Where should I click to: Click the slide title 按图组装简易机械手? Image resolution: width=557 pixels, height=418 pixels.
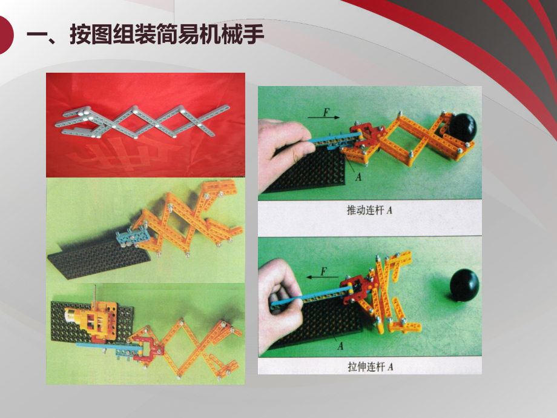pos(146,35)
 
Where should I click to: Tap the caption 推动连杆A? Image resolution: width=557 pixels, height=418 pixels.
pos(370,211)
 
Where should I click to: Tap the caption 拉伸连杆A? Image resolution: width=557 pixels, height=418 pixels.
pos(370,367)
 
